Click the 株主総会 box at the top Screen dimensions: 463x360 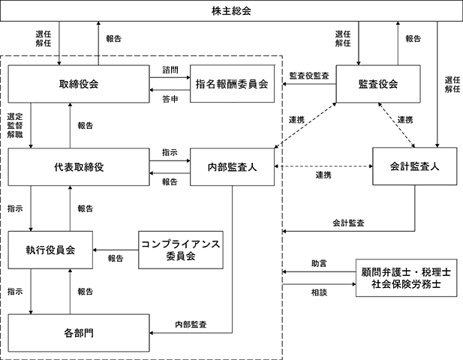[231, 11]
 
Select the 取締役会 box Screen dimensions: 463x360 [79, 84]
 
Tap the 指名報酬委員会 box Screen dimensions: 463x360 [232, 84]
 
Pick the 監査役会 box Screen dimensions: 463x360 [378, 84]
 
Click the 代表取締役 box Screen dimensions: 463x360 [79, 167]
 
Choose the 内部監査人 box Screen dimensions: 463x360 [232, 167]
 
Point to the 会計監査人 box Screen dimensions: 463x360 [414, 166]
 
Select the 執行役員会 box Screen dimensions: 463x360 [50, 250]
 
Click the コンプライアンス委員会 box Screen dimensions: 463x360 [181, 250]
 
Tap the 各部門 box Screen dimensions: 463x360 [79, 333]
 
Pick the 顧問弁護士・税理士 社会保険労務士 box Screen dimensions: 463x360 [406, 278]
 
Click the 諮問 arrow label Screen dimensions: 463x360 [170, 70]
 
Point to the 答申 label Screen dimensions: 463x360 [170, 99]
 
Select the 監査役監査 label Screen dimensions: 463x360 [309, 76]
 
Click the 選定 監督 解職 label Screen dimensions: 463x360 [15, 126]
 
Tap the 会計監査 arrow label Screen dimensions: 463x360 [348, 223]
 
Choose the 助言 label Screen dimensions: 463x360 [319, 263]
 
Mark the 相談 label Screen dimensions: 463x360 [319, 292]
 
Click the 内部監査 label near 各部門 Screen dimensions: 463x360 [191, 325]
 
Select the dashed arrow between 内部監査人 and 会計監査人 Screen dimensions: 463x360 [323, 166]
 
